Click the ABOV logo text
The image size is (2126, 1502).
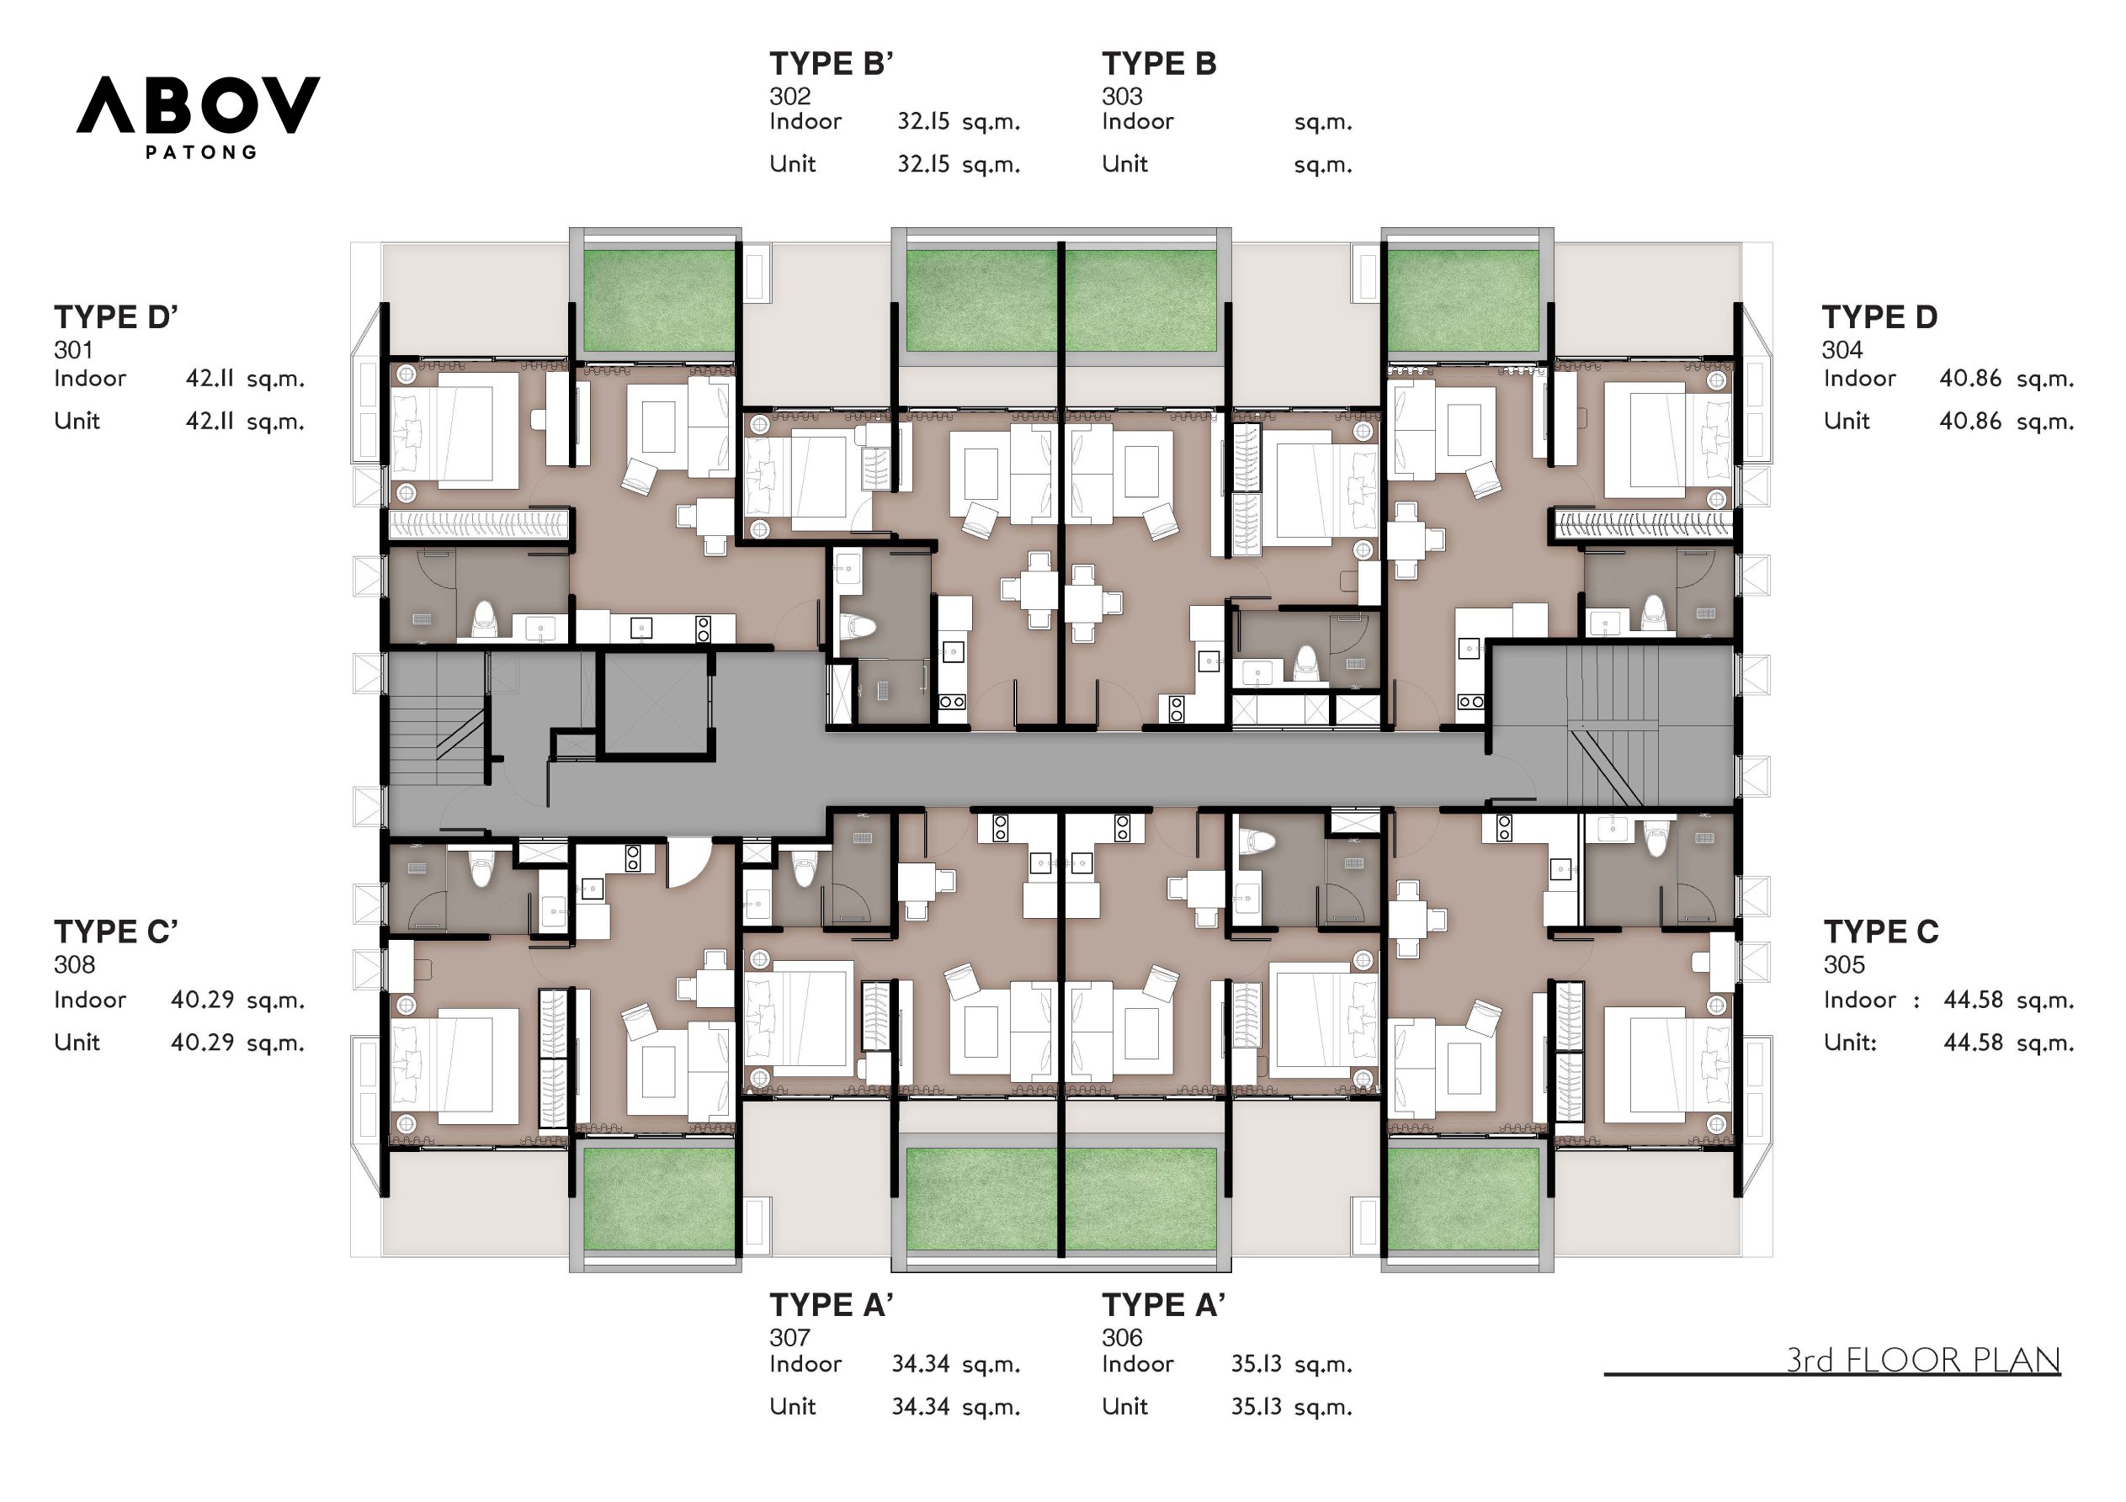click(198, 104)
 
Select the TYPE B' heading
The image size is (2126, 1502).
click(831, 64)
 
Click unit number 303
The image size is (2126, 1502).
click(1121, 96)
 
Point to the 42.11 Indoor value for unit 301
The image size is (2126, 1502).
click(210, 379)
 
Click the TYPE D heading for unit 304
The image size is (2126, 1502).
click(1879, 317)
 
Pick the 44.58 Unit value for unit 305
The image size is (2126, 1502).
click(1972, 1043)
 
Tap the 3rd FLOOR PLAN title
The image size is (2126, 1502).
click(1922, 1361)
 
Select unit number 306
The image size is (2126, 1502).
click(1121, 1337)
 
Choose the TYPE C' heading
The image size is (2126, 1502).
click(116, 931)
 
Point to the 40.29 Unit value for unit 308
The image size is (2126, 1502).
click(202, 1043)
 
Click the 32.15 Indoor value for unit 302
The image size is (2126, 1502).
click(923, 121)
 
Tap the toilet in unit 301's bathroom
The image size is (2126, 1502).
click(484, 618)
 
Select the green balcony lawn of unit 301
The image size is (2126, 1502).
click(658, 301)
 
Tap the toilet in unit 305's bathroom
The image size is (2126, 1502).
click(1655, 839)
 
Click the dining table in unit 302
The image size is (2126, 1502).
click(1028, 589)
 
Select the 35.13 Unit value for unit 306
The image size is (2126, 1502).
click(1256, 1407)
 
